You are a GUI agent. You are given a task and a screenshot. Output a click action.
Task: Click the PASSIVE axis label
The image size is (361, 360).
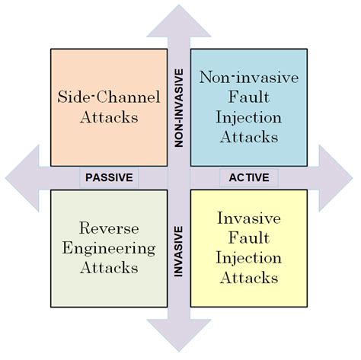(x=109, y=177)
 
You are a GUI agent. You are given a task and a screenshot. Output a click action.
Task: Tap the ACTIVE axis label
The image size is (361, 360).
(x=248, y=177)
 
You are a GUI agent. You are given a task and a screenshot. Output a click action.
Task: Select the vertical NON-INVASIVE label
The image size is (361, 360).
(x=179, y=107)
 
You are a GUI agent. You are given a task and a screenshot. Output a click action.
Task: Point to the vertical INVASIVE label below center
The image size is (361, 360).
(x=179, y=250)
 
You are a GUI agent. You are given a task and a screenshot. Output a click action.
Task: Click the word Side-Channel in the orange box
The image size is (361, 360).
(x=108, y=97)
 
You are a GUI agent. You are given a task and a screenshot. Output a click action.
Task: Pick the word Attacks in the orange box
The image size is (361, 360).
(x=108, y=118)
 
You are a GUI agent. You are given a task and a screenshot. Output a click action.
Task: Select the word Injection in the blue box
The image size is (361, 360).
(x=248, y=118)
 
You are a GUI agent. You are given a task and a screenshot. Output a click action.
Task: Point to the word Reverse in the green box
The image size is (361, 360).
(x=108, y=227)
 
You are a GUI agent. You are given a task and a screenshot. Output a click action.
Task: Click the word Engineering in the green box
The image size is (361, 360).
(x=108, y=247)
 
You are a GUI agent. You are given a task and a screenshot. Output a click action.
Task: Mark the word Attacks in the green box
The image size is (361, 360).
(x=108, y=268)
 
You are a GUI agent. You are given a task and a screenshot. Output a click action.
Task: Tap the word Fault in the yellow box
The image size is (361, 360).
(x=248, y=237)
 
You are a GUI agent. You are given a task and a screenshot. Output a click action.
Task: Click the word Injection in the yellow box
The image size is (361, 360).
(x=248, y=258)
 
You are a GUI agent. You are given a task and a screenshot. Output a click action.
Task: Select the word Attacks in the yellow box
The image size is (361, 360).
(x=248, y=279)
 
